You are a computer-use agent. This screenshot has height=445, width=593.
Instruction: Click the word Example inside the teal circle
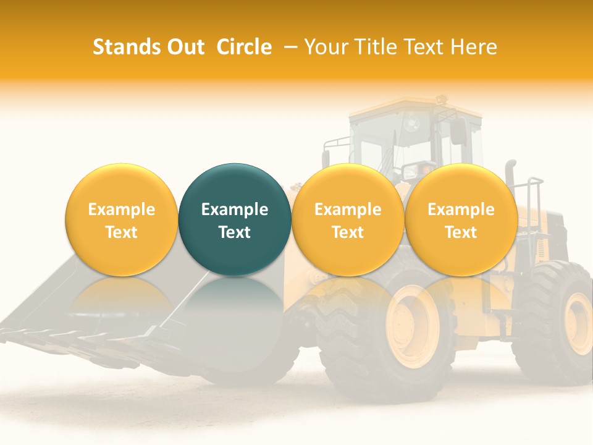[235, 210]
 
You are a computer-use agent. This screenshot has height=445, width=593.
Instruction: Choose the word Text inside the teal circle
[235, 232]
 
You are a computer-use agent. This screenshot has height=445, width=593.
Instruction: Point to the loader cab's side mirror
[458, 132]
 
